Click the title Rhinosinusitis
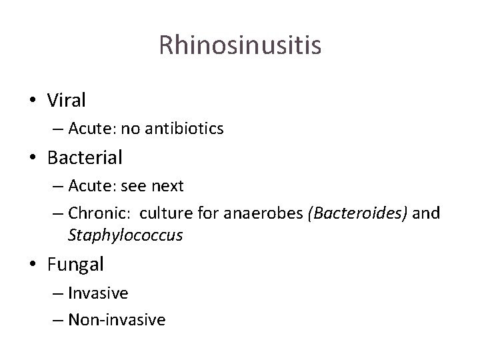coord(240,45)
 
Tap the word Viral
coord(67,100)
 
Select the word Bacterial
coord(85,158)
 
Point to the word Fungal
coord(75,264)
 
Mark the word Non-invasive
coord(116,320)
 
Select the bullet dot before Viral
coord(32,101)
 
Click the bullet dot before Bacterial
coord(32,159)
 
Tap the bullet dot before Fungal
coord(32,265)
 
